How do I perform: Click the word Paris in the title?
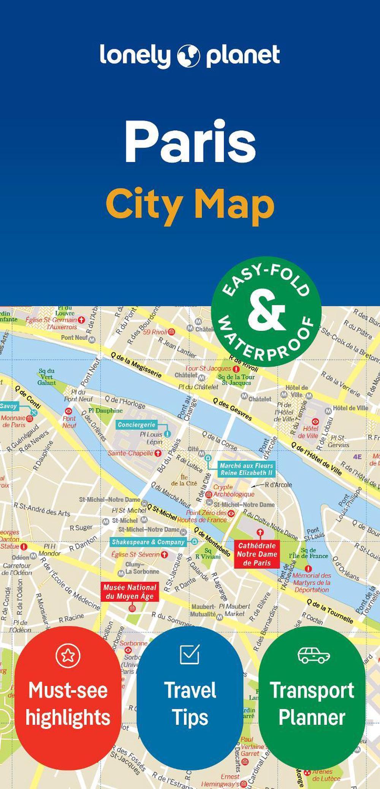(190, 141)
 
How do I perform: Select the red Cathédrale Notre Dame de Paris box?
(257, 554)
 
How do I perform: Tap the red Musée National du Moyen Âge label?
(130, 592)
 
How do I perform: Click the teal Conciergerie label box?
(136, 425)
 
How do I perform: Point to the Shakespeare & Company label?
(148, 542)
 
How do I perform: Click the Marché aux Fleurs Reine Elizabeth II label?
(246, 469)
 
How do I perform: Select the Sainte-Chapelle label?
(131, 453)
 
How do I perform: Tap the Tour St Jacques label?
(208, 368)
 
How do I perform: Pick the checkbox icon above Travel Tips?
(190, 654)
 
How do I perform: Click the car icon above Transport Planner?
(313, 655)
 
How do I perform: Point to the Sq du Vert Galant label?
(47, 377)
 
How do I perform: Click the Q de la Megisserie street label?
(136, 365)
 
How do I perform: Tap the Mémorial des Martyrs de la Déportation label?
(311, 583)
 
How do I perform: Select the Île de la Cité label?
(184, 480)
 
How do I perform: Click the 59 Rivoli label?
(155, 332)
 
